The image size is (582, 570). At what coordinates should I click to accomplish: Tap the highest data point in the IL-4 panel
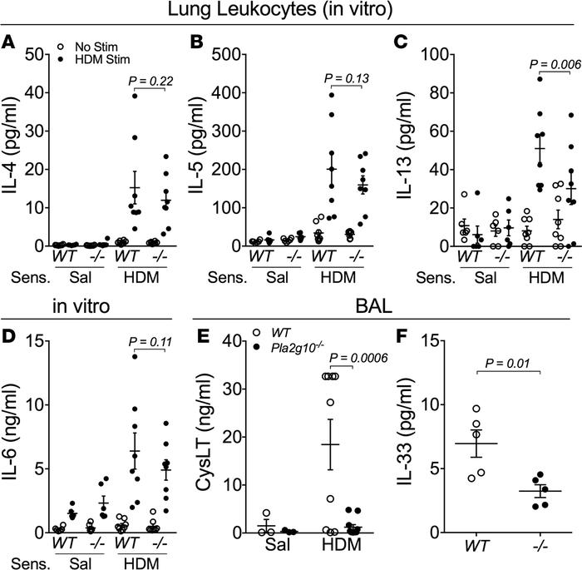click(x=133, y=96)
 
